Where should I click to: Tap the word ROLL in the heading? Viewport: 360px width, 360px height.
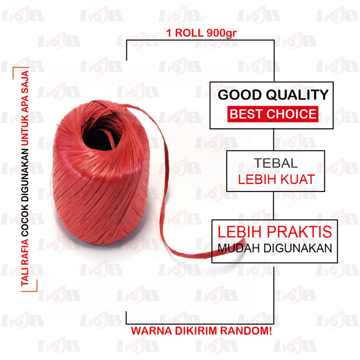(188, 33)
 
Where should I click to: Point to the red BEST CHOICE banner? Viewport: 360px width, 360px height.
(272, 114)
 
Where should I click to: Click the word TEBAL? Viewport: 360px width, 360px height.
(276, 163)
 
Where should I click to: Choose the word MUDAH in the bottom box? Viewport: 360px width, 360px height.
(234, 248)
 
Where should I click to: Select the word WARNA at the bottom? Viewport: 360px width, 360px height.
(149, 331)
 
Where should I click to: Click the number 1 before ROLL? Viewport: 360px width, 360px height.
(168, 33)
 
